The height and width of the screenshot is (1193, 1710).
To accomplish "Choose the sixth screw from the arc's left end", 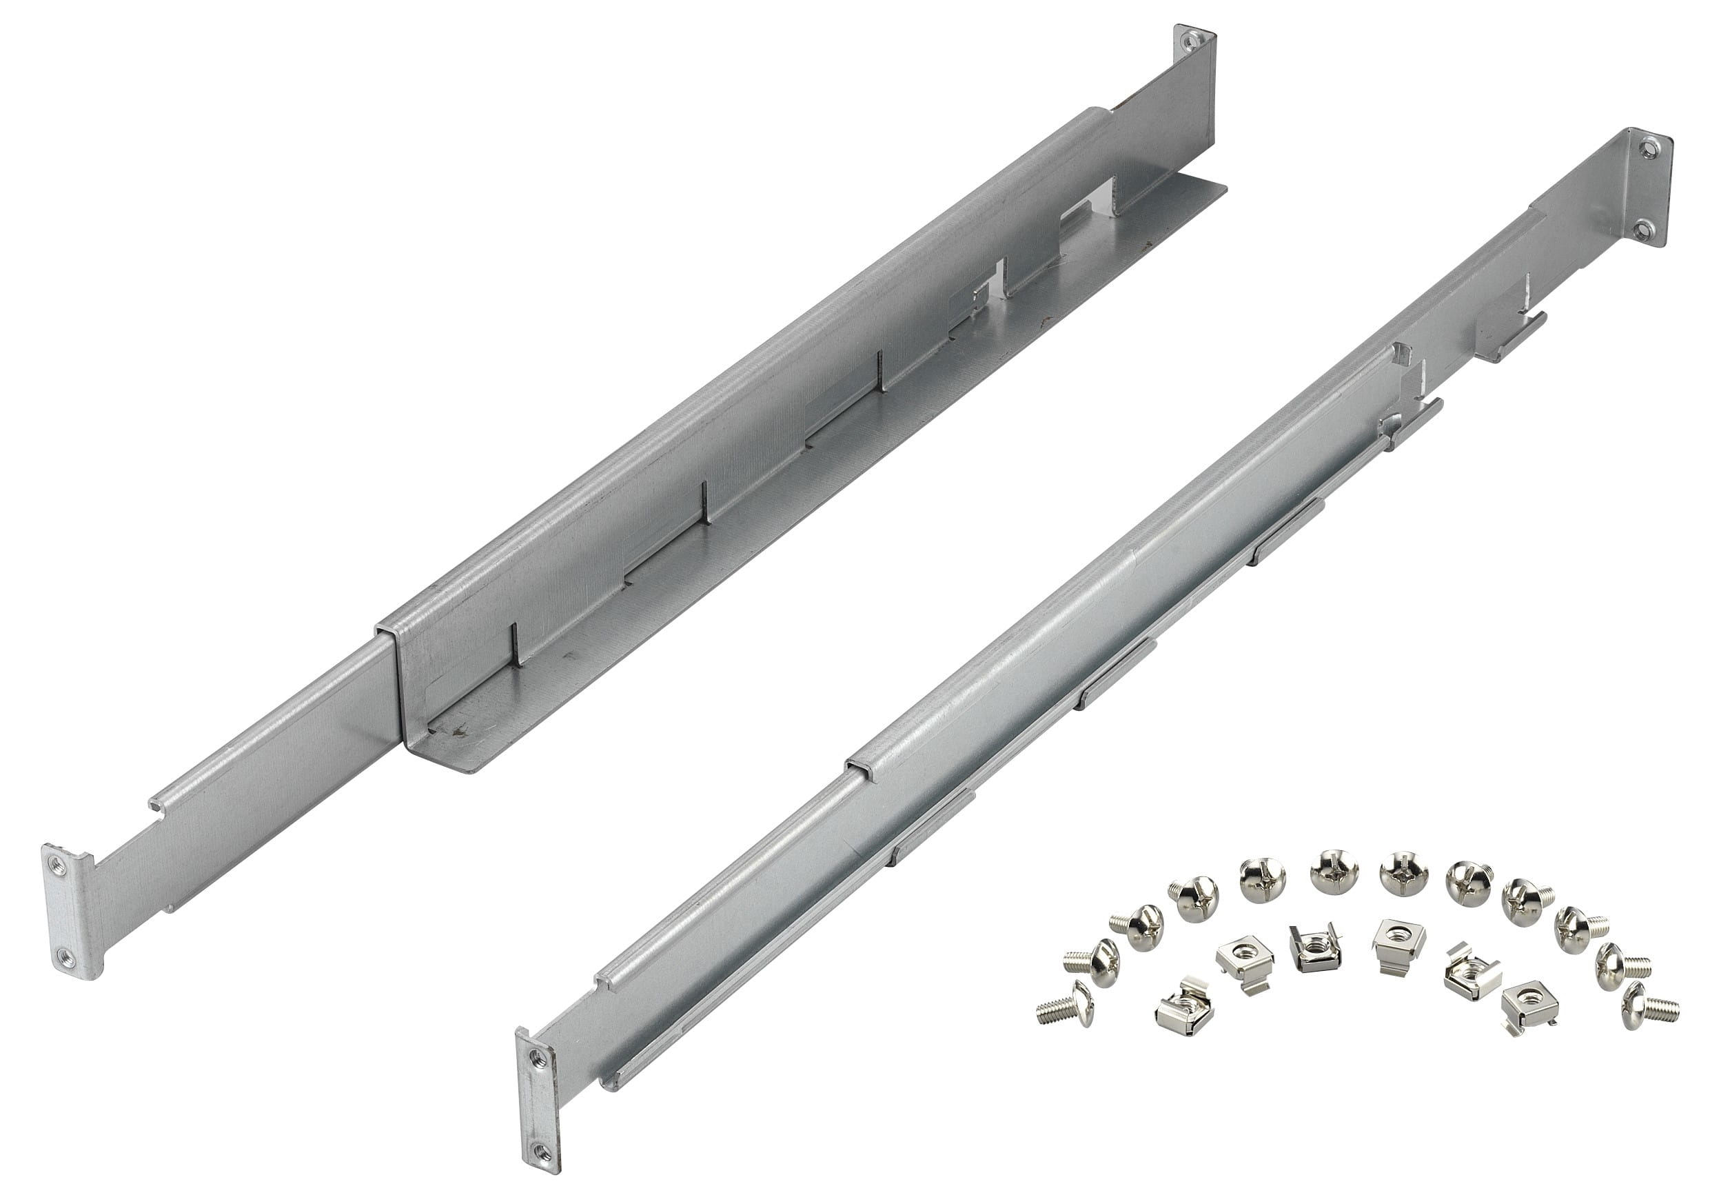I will pos(1334,872).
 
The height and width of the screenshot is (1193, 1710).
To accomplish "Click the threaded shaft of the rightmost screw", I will pos(1662,1010).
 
